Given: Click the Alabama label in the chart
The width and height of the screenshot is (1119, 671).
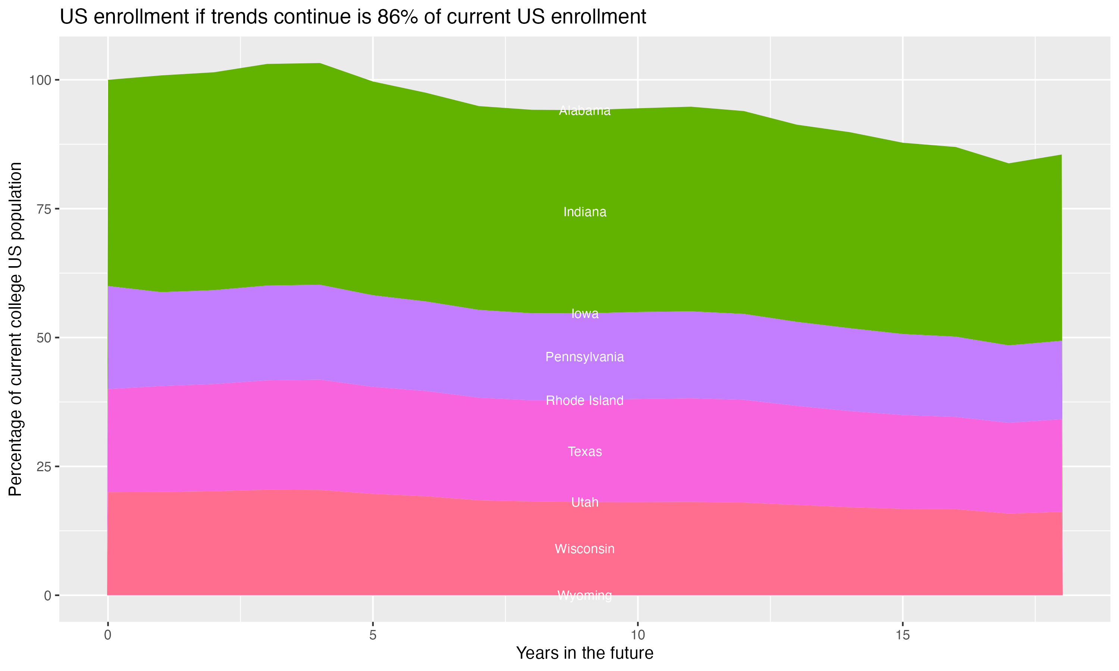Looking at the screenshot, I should pyautogui.click(x=584, y=111).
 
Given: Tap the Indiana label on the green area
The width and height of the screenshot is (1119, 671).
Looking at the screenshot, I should pyautogui.click(x=584, y=212).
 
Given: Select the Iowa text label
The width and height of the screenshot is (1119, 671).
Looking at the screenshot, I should pyautogui.click(x=584, y=314).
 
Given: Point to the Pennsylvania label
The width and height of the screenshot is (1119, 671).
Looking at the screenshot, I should pyautogui.click(x=584, y=357).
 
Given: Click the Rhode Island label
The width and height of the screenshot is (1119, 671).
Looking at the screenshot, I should pyautogui.click(x=584, y=401).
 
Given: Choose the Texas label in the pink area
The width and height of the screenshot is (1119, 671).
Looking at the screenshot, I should pyautogui.click(x=584, y=452).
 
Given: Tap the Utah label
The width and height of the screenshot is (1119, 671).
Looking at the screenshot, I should pyautogui.click(x=584, y=503).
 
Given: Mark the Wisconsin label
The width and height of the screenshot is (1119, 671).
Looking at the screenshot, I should pyautogui.click(x=584, y=549).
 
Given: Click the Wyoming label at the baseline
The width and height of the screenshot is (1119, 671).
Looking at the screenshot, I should pyautogui.click(x=584, y=595).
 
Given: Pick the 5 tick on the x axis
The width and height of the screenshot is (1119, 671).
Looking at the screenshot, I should pyautogui.click(x=372, y=635).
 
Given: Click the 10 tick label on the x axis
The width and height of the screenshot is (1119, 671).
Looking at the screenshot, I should pyautogui.click(x=637, y=635).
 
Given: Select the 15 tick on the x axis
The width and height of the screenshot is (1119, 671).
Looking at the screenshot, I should pyautogui.click(x=902, y=635).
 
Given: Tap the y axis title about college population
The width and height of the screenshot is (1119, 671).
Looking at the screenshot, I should pyautogui.click(x=15, y=329).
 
